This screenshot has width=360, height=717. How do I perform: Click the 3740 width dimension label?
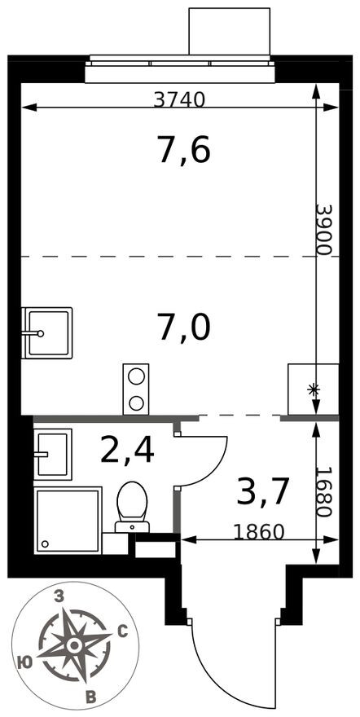coord(179,99)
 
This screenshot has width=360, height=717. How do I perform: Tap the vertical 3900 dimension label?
coord(324,229)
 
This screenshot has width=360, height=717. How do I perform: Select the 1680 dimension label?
coord(324,493)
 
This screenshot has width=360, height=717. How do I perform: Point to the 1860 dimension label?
coord(258,533)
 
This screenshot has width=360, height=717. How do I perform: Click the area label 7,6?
coord(184,150)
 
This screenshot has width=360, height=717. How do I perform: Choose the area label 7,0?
coord(184,328)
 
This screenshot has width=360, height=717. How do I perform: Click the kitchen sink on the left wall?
coord(46,332)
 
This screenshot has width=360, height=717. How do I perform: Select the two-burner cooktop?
coord(136,389)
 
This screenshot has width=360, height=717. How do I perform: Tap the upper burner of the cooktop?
coord(136,376)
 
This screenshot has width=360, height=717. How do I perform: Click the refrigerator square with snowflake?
coord(313,389)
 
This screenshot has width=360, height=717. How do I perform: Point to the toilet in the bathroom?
coord(131,504)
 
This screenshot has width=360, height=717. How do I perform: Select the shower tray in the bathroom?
coord(68,519)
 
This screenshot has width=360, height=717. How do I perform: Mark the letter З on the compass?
coord(58,597)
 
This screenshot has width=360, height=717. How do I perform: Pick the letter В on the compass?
coord(91,695)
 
